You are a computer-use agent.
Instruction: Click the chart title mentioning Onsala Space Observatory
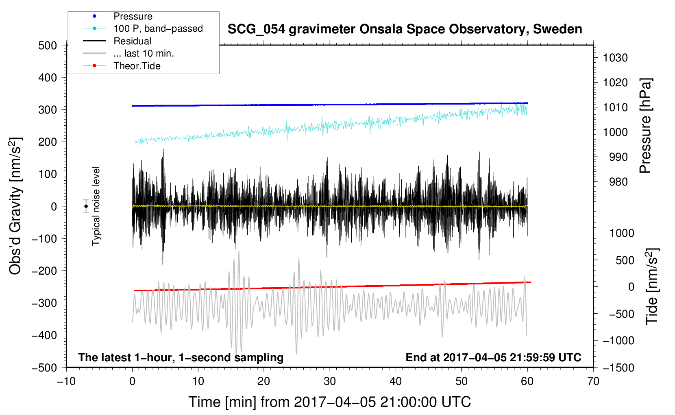(x=405, y=29)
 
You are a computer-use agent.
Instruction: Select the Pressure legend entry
(x=133, y=16)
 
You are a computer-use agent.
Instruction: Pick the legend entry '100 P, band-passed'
(x=158, y=28)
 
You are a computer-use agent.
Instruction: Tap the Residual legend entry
(x=132, y=41)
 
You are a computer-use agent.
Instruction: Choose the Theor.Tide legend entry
(x=137, y=66)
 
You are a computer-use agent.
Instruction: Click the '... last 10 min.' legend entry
(x=144, y=53)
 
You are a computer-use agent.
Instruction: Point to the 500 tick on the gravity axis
(x=48, y=45)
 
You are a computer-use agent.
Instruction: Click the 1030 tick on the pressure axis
(x=615, y=58)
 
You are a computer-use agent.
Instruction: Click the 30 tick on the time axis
(x=330, y=381)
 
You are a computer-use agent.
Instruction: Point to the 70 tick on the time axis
(x=593, y=381)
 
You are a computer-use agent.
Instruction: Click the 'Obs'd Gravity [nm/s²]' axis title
(x=15, y=206)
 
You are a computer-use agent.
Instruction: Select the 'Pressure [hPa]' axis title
(x=646, y=126)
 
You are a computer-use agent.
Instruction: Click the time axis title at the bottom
(x=330, y=402)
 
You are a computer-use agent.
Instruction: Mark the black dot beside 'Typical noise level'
(x=86, y=206)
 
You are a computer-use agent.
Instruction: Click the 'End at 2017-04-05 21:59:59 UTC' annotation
(x=493, y=357)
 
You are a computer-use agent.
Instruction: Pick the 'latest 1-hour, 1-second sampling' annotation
(x=181, y=357)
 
